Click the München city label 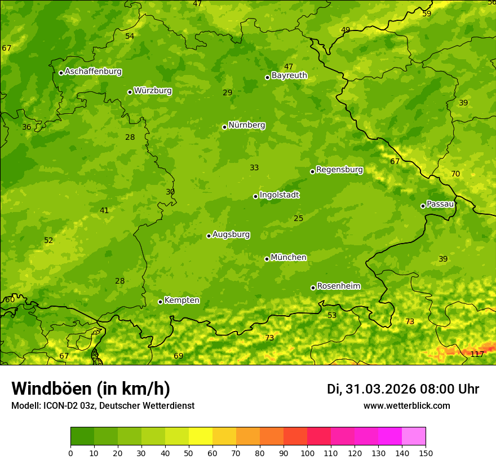[289, 258]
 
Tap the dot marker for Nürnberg [224, 127]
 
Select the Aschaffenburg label [93, 72]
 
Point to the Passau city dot [423, 206]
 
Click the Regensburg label [339, 170]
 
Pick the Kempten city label [181, 301]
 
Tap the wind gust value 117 [477, 354]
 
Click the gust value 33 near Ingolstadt [254, 168]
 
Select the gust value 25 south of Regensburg [299, 219]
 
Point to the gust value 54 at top [130, 37]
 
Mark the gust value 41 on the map [104, 211]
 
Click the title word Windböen [51, 388]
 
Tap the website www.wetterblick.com [406, 406]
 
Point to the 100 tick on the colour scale [307, 453]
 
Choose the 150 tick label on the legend [426, 453]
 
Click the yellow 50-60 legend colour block [201, 436]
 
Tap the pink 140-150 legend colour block [414, 436]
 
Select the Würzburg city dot [130, 92]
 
